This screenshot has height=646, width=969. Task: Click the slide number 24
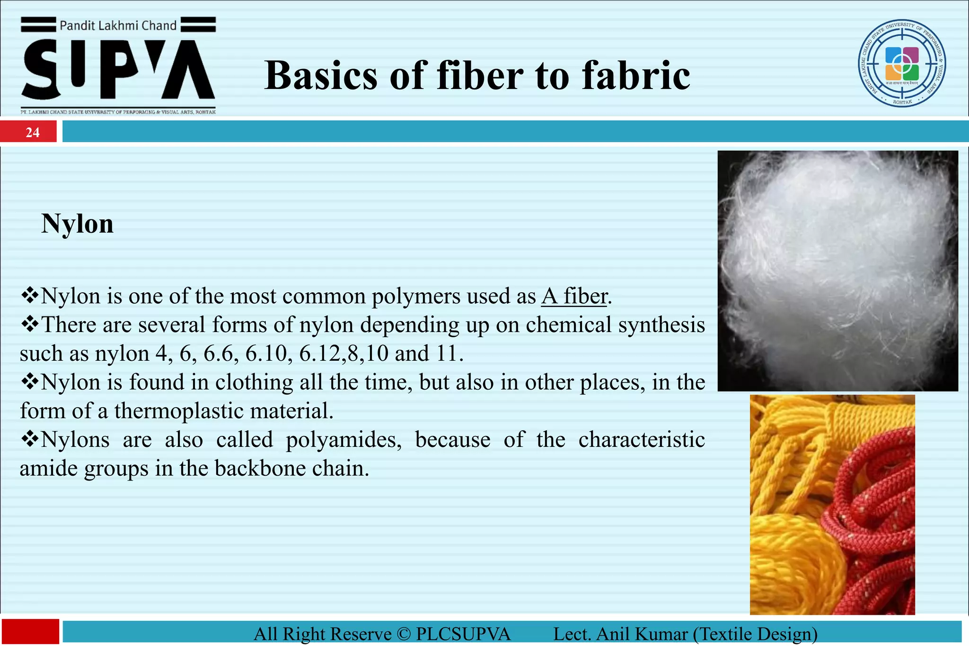click(x=32, y=132)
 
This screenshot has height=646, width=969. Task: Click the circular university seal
click(x=902, y=63)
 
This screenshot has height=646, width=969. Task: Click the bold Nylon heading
click(x=78, y=224)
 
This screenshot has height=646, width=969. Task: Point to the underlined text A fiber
click(x=574, y=297)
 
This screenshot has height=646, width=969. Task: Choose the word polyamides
click(x=344, y=440)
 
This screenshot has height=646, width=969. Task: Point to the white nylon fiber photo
click(x=837, y=271)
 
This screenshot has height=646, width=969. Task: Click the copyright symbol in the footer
click(x=404, y=634)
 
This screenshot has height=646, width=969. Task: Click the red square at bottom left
click(x=30, y=632)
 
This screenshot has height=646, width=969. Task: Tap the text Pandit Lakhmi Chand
click(x=118, y=26)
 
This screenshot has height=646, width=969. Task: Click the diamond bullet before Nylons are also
click(x=30, y=440)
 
